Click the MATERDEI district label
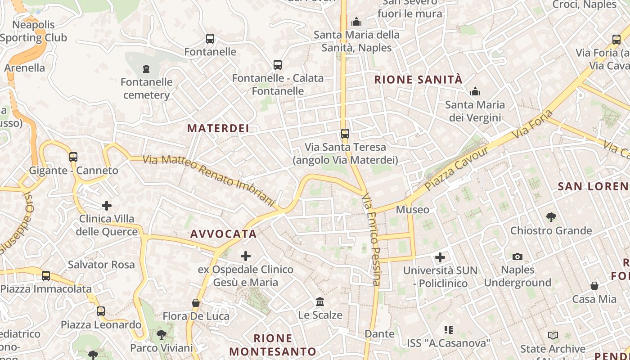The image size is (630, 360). [x=218, y=128]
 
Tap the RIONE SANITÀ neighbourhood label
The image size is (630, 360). [x=418, y=80]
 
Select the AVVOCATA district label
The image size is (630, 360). [x=223, y=234]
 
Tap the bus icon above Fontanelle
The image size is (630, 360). [x=210, y=39]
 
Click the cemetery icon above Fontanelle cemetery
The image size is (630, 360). [x=146, y=69]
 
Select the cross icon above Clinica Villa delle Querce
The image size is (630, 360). [x=107, y=206]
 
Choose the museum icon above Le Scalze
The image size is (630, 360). [x=320, y=301]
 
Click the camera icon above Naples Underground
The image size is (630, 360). [x=517, y=256]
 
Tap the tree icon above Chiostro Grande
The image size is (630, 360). [x=551, y=218]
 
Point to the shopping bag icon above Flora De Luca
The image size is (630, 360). [x=196, y=303]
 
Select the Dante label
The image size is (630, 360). [x=379, y=334]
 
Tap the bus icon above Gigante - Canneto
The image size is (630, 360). [x=73, y=157]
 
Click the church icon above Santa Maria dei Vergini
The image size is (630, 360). [x=475, y=92]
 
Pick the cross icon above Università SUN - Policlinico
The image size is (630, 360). [x=440, y=257]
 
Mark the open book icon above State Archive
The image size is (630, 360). [x=553, y=336]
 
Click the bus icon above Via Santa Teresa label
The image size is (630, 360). [x=345, y=134]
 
